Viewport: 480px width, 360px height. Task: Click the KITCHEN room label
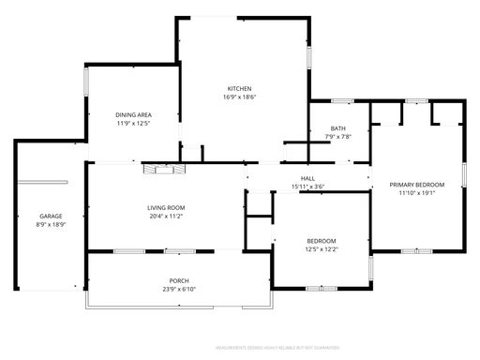click(240, 88)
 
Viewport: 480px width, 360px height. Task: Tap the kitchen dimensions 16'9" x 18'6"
click(240, 97)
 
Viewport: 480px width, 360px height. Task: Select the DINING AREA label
click(133, 114)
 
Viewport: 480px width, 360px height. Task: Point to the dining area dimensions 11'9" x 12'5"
click(133, 123)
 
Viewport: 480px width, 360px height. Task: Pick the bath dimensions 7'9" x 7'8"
click(337, 137)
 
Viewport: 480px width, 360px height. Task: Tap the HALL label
click(307, 178)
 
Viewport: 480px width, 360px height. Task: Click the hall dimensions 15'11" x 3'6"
click(307, 187)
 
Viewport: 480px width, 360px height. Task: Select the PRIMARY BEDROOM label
click(416, 185)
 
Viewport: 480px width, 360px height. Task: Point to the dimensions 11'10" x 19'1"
click(416, 193)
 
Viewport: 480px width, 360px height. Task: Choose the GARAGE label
click(51, 216)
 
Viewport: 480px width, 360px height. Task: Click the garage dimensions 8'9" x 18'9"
click(51, 224)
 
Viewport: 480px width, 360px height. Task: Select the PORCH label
click(178, 280)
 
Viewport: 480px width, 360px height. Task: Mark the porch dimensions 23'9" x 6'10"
click(178, 289)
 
